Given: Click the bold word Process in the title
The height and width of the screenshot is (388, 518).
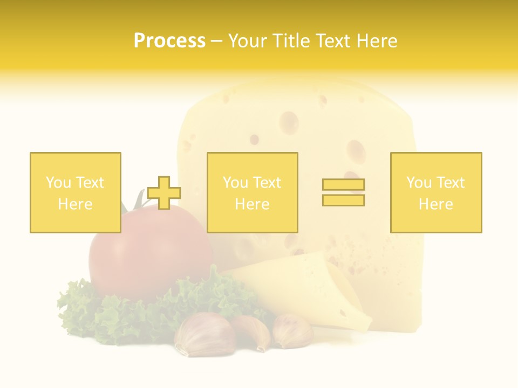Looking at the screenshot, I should (169, 41).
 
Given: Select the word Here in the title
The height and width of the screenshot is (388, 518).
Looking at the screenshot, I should (374, 41).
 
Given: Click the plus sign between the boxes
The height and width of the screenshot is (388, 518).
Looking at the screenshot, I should (164, 192).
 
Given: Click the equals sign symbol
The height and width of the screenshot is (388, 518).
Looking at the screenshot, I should (343, 192).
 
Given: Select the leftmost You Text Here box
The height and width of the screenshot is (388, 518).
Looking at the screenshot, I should (76, 192).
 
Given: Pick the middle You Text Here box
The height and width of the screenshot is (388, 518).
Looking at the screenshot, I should (252, 192).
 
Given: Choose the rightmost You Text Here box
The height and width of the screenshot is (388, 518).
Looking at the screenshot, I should (435, 192).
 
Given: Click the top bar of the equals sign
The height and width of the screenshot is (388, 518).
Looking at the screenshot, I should (343, 185).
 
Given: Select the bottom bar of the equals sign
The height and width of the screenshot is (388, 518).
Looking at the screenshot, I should (343, 200).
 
